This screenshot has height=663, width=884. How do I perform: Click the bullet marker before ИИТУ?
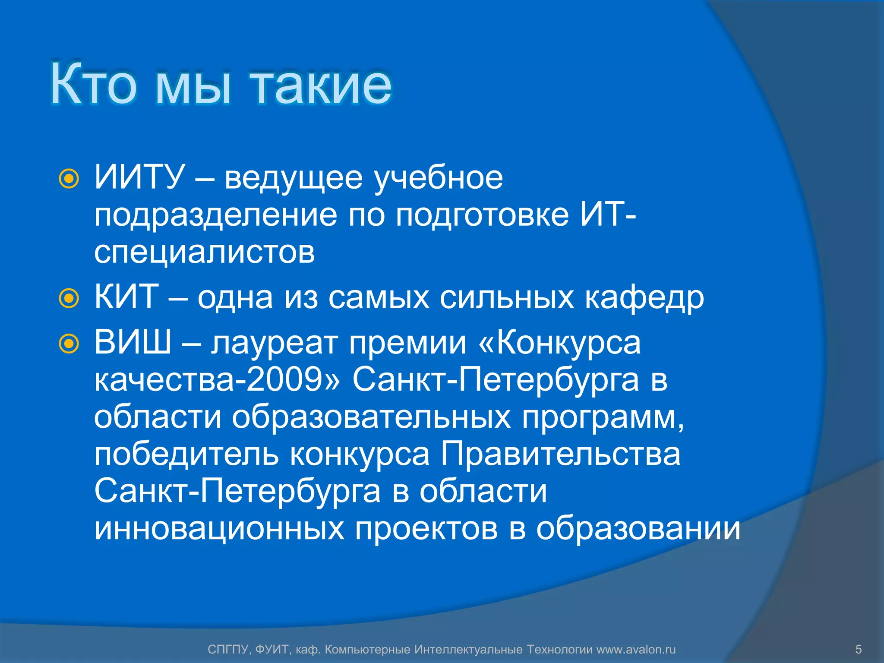click(x=69, y=179)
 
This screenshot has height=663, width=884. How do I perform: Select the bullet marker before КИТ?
click(x=69, y=298)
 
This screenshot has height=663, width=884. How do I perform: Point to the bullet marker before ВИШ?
click(x=69, y=344)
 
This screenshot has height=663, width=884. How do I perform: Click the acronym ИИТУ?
click(x=139, y=177)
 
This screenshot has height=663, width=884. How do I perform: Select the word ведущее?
click(x=294, y=178)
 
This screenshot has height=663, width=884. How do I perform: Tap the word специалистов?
click(x=205, y=252)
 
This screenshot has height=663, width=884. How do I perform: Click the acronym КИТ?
click(x=126, y=297)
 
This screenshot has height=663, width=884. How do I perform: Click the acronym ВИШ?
click(x=133, y=342)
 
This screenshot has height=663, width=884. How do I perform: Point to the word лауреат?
click(x=274, y=344)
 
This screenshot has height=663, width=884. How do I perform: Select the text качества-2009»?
click(x=218, y=380)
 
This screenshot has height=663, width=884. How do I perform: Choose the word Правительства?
click(x=560, y=454)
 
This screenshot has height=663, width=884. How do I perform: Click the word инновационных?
click(x=219, y=528)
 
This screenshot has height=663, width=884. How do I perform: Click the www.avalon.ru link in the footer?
click(x=636, y=649)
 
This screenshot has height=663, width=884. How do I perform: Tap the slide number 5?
click(x=858, y=649)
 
